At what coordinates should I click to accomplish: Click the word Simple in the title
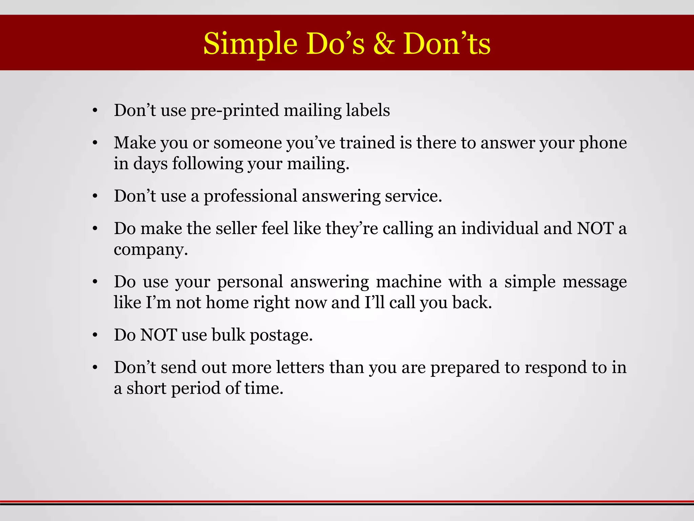point(250,44)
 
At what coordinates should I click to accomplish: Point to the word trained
point(367,142)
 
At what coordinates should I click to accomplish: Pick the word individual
point(499,228)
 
